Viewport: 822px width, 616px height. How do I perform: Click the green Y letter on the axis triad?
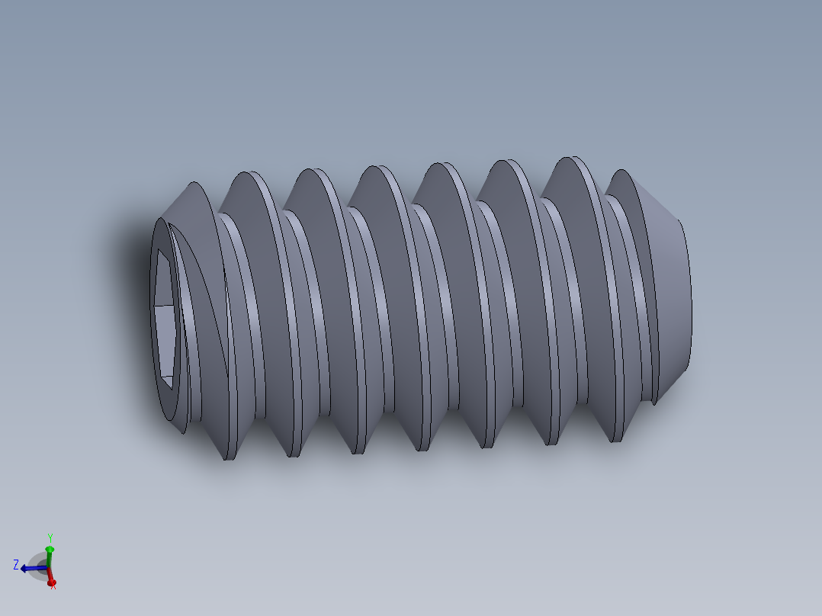click(x=50, y=537)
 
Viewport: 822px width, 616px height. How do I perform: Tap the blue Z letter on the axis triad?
click(x=16, y=565)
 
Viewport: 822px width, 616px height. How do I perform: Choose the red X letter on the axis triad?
click(x=53, y=585)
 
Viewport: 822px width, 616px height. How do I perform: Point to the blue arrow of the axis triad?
click(x=29, y=568)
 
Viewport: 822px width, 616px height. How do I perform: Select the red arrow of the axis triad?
click(x=50, y=579)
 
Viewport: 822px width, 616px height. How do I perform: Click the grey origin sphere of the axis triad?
click(x=43, y=568)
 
